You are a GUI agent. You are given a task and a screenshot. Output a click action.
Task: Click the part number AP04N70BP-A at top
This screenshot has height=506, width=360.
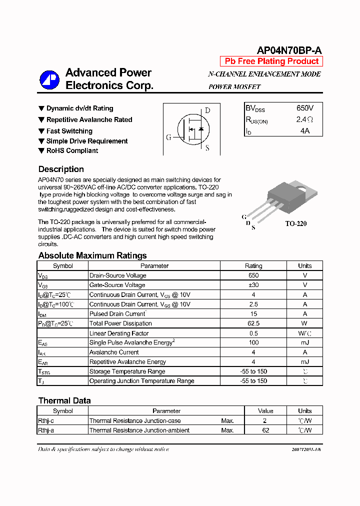(x=289, y=50)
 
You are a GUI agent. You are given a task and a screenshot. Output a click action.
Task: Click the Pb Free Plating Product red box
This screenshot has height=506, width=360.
(x=271, y=61)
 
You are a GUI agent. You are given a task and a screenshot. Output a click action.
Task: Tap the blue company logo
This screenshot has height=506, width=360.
(x=49, y=79)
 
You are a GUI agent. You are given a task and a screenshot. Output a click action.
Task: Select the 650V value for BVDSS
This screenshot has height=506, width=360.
(x=304, y=108)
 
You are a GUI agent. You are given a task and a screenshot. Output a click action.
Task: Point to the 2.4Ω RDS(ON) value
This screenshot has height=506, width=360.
(x=304, y=119)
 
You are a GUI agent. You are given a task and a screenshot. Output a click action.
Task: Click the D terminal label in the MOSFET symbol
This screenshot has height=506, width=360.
(x=207, y=110)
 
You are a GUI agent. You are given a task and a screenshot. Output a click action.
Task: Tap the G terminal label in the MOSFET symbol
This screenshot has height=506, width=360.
(x=168, y=137)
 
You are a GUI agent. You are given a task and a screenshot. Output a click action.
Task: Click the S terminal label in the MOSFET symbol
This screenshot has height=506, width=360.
(x=207, y=148)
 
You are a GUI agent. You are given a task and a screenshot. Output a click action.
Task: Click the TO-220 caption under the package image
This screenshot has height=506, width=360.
(x=295, y=223)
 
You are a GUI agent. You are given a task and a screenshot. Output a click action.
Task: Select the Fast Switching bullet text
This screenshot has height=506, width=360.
(x=69, y=131)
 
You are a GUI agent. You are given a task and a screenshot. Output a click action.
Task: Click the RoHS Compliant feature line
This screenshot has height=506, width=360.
(x=72, y=150)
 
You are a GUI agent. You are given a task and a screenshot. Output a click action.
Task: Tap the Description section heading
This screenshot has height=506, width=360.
(x=61, y=169)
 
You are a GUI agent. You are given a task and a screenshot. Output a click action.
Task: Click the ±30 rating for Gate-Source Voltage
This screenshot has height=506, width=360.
(x=253, y=285)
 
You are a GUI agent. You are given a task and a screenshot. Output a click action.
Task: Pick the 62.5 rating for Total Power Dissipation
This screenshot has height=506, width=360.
(x=253, y=323)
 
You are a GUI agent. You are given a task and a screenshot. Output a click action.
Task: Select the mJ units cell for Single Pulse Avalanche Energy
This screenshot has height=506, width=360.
(x=304, y=342)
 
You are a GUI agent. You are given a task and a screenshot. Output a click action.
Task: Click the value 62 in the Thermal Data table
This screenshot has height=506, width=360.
(x=265, y=430)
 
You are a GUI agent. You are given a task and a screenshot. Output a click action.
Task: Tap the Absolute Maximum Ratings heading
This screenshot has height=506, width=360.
(x=92, y=255)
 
